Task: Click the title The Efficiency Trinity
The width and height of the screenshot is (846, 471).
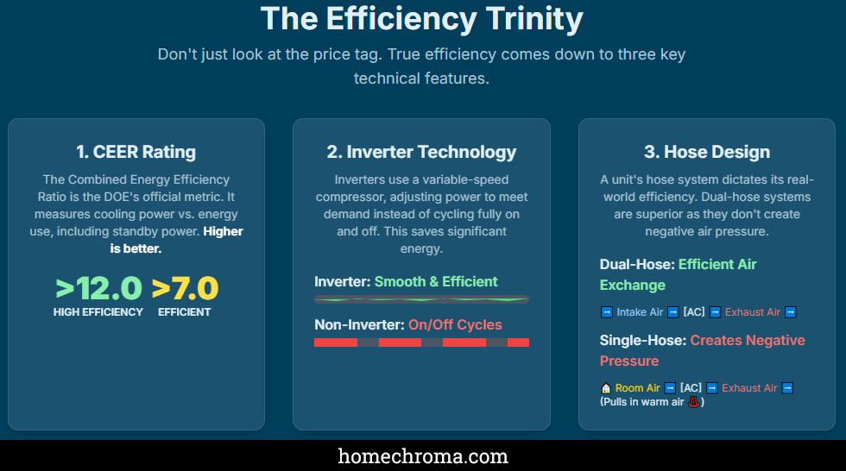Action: (422, 18)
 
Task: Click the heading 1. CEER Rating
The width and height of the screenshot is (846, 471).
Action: (136, 152)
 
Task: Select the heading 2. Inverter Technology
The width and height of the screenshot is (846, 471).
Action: (421, 152)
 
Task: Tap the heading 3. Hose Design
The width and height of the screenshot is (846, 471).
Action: (706, 152)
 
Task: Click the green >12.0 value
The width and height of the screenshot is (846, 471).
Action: (98, 288)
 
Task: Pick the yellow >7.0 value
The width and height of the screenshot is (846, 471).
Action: (185, 288)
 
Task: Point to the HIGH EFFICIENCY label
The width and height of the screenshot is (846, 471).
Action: (98, 312)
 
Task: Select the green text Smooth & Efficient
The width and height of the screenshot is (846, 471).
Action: (436, 281)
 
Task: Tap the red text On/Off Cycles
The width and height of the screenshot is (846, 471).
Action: (455, 324)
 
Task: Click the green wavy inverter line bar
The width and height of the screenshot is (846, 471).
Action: (421, 299)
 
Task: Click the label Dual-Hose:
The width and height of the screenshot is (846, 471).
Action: (637, 264)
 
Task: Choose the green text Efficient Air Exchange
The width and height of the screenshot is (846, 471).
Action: (678, 274)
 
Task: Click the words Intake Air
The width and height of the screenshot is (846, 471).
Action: (640, 312)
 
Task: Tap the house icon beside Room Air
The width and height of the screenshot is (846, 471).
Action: (606, 388)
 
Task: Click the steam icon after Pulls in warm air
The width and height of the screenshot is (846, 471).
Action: (694, 402)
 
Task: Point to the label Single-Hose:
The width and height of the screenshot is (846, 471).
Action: (643, 340)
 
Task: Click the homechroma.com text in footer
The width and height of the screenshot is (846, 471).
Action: (422, 456)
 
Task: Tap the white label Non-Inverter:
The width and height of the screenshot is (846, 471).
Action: (359, 324)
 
